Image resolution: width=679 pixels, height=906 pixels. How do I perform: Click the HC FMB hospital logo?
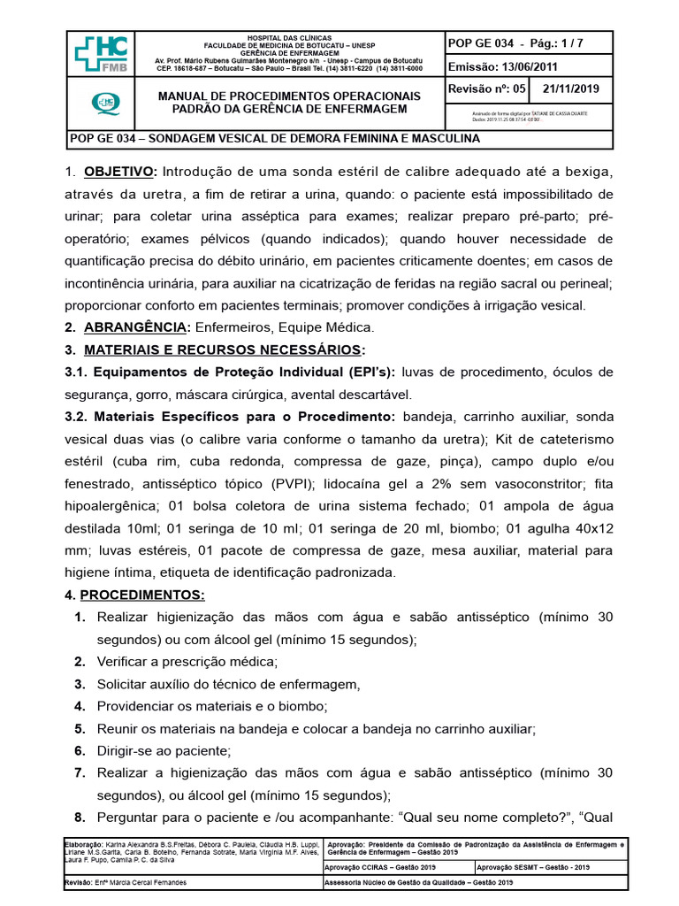point(101,55)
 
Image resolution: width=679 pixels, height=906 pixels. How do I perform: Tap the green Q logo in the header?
point(101,105)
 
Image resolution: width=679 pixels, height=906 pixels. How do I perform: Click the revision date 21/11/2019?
point(571,89)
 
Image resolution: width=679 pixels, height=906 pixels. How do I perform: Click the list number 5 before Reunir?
point(79,729)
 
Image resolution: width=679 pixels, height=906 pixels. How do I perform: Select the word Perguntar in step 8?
point(132,818)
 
